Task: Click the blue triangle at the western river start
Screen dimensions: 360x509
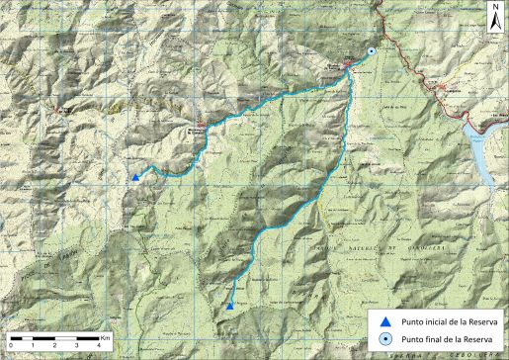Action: (x=135, y=177)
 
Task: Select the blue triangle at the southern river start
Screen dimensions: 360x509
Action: (x=229, y=307)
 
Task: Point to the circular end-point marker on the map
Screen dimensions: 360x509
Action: (x=371, y=51)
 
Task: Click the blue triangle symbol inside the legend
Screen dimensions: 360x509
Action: (x=385, y=320)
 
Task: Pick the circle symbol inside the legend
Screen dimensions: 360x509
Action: (x=385, y=339)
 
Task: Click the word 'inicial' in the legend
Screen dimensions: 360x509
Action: (x=435, y=320)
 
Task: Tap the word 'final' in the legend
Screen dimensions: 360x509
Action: (x=433, y=339)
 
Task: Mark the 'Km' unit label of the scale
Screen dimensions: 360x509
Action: (x=104, y=337)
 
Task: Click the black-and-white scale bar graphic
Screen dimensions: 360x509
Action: (x=55, y=339)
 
